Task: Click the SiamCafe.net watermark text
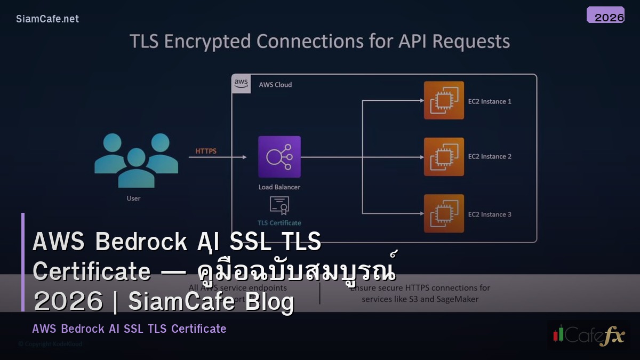point(47,19)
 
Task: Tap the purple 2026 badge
point(605,15)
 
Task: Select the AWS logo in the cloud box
point(241,84)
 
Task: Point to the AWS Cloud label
point(275,85)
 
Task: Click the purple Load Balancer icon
point(279,157)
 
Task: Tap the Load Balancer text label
point(279,187)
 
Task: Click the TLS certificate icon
point(279,205)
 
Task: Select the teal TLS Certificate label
point(279,223)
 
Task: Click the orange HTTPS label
point(206,151)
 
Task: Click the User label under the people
point(133,198)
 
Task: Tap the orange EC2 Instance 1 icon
point(444,100)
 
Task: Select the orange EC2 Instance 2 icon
point(444,157)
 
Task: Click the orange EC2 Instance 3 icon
point(444,213)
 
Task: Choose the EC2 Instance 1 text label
point(490,101)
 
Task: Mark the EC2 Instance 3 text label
point(490,214)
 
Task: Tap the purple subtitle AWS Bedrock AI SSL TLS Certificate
point(129,329)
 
